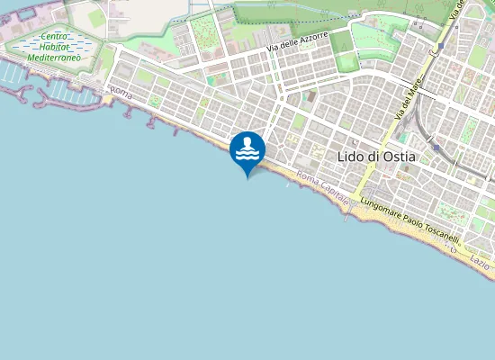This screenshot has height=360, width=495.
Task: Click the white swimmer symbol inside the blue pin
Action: click(x=247, y=149)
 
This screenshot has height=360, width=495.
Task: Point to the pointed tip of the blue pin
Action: click(x=247, y=178)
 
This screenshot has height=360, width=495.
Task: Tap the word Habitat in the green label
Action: click(x=55, y=47)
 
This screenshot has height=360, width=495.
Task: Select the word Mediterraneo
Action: click(x=55, y=57)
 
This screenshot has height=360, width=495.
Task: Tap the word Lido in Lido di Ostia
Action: click(x=349, y=157)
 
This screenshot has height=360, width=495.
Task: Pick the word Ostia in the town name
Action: click(x=399, y=157)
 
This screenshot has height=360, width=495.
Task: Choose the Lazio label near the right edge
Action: click(x=480, y=262)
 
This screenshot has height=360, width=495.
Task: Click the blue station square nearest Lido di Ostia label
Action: click(x=436, y=147)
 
